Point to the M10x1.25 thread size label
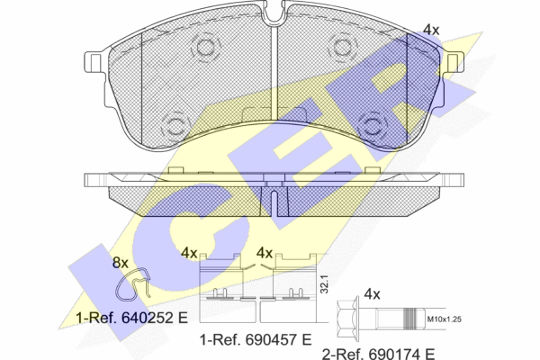coord(444,319)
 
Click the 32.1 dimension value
coord(324,283)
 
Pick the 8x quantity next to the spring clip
coord(121,263)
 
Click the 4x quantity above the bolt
coord(372,294)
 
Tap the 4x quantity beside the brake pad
coord(431,30)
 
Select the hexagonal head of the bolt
coord(347,319)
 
